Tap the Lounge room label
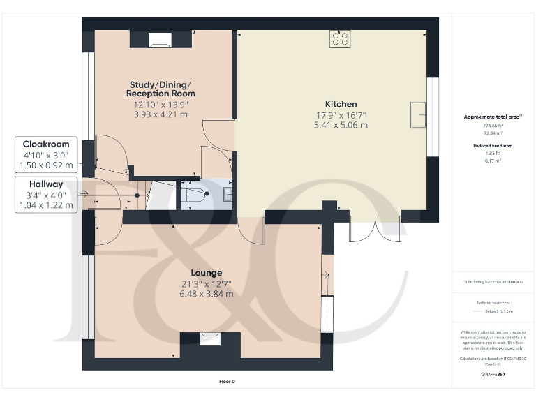point(207,272)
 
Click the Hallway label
point(45,184)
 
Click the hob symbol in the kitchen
point(341,39)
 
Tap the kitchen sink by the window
point(419,115)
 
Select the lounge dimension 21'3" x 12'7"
point(207,283)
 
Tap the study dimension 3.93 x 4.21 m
point(161,115)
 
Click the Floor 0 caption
point(228,382)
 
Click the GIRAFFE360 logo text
point(493,375)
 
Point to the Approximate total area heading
point(493,117)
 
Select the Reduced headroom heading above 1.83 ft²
point(493,146)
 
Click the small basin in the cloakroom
point(228,195)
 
